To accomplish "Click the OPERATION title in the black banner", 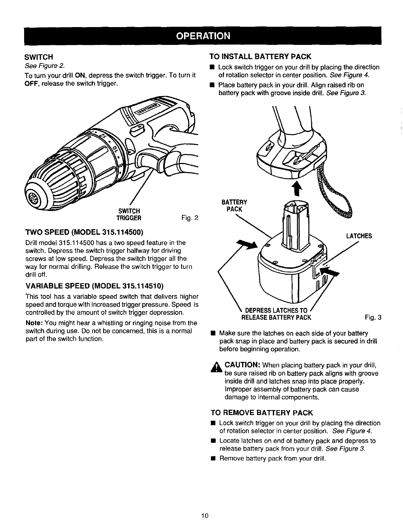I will click(202, 35).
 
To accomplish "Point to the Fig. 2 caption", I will click(190, 218).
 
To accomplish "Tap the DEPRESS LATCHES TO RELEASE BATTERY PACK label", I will click(276, 314).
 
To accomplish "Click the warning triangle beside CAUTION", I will click(217, 367).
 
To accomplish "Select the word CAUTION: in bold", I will click(243, 365).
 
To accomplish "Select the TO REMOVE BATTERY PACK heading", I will click(262, 413).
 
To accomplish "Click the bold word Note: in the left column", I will click(34, 323).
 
